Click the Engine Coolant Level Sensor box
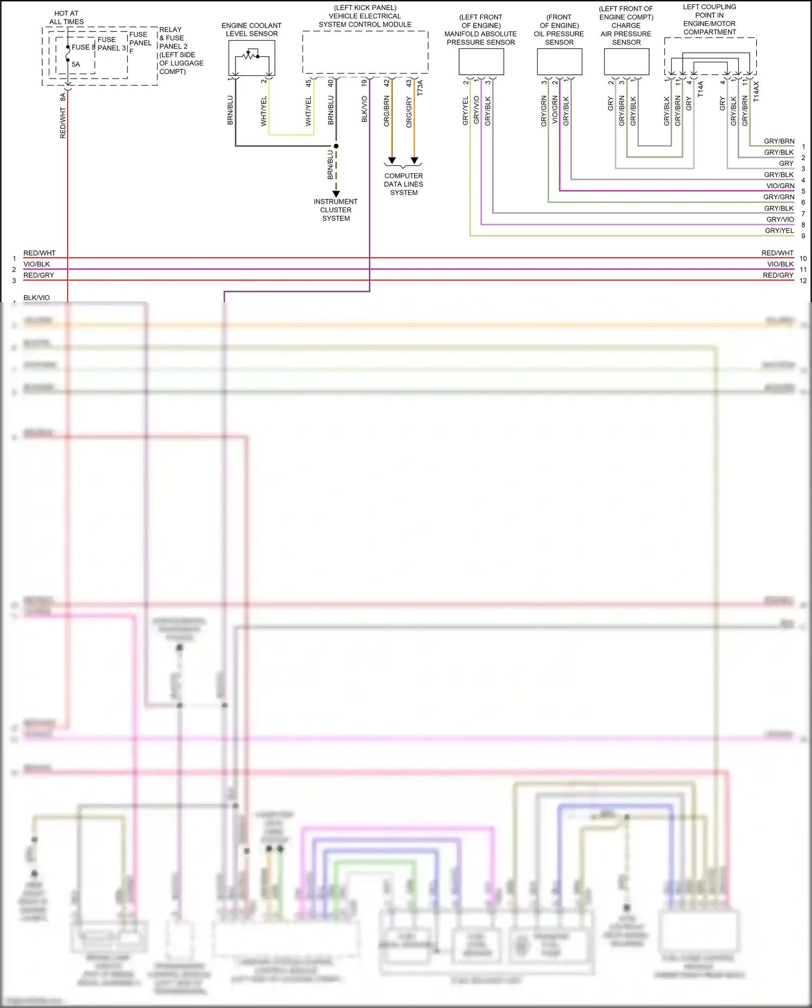pos(252,57)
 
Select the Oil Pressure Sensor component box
pos(559,61)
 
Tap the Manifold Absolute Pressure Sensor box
pos(481,61)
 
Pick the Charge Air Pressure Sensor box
pos(626,61)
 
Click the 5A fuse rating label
pos(76,64)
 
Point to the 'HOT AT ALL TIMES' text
pos(67,17)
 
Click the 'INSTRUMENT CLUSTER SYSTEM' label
pos(336,210)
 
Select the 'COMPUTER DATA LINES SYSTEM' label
pos(404,184)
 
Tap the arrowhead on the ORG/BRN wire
pos(392,161)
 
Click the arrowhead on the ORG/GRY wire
pos(414,161)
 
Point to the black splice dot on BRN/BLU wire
pos(336,146)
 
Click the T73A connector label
pos(420,88)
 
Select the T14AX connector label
pos(756,92)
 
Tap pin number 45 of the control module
pos(308,83)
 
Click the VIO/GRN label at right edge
pos(780,186)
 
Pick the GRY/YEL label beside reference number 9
pos(779,231)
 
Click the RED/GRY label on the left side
pos(38,275)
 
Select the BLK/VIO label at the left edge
pos(36,297)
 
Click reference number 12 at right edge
pos(803,281)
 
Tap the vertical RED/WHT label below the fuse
pos(63,123)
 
